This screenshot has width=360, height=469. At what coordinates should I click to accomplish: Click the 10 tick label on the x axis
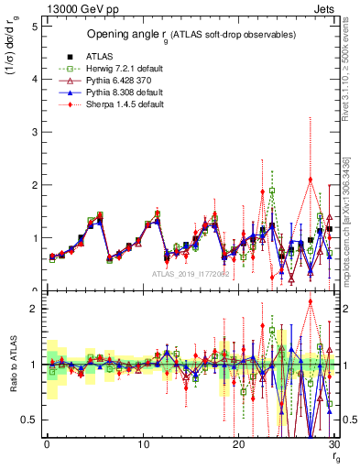click(x=142, y=444)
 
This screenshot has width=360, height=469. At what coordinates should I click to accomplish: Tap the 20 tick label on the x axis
click(x=238, y=444)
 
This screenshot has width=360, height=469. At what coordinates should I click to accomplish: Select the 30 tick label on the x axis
click(x=333, y=444)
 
